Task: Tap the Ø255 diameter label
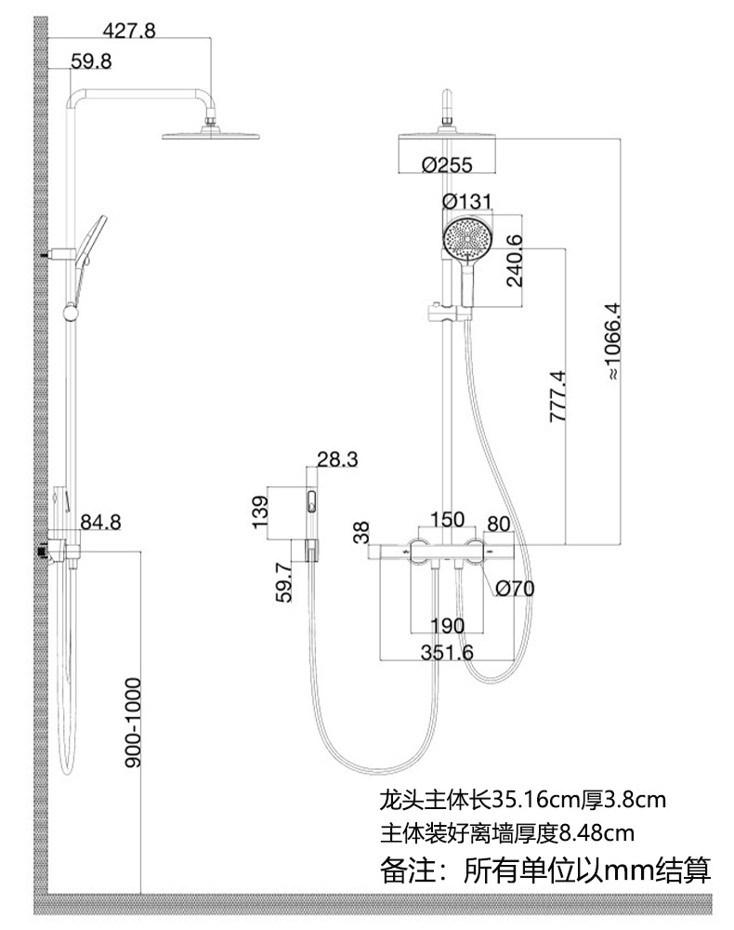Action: (x=446, y=165)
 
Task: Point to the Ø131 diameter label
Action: (x=467, y=202)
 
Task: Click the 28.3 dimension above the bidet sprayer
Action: (x=337, y=458)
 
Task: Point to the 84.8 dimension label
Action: (x=101, y=522)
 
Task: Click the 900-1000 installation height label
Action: (x=133, y=723)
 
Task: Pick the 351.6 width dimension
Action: (x=446, y=653)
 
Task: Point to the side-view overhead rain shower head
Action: (x=211, y=136)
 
